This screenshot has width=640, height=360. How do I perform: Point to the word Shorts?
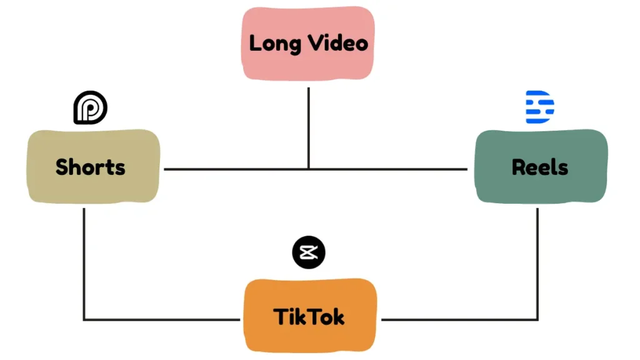point(91,167)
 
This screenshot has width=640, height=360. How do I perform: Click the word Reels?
point(540,167)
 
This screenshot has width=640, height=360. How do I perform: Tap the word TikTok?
point(309,317)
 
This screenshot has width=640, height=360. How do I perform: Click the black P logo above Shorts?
point(91,108)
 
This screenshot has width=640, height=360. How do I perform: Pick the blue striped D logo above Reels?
point(539,107)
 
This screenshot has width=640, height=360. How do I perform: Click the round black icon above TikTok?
point(309,252)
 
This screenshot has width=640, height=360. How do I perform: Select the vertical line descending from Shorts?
point(84,262)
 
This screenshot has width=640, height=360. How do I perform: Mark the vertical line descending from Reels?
point(537,262)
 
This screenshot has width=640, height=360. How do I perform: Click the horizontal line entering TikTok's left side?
point(162,320)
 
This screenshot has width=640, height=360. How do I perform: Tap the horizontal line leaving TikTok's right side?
point(459,320)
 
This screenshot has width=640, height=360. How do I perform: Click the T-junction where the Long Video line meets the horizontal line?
point(309,169)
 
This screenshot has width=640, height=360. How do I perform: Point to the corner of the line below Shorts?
point(84,320)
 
